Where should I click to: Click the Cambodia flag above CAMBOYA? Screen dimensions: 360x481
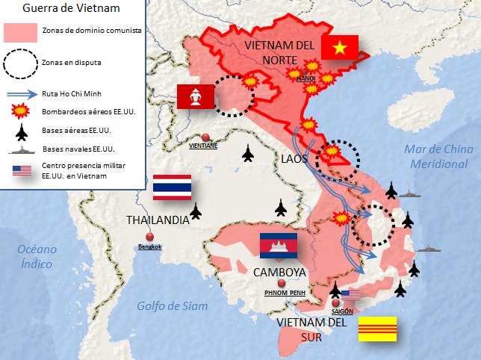click(278, 245)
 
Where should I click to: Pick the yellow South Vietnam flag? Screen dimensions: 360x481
click(378, 329)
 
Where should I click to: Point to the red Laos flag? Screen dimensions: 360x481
click(196, 96)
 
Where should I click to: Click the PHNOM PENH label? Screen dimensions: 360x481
click(285, 293)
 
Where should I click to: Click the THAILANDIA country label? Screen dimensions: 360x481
click(157, 220)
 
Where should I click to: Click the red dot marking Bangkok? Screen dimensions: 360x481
click(149, 237)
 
